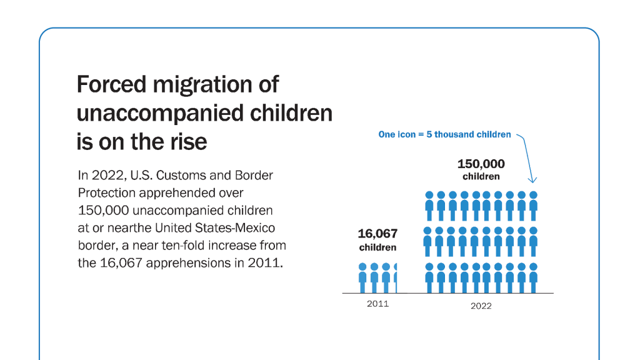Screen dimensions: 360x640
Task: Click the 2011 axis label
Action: pyautogui.click(x=377, y=304)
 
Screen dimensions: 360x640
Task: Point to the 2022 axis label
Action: pyautogui.click(x=481, y=306)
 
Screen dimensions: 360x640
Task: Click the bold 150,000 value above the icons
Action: pyautogui.click(x=481, y=164)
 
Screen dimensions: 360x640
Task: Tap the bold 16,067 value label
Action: pyautogui.click(x=377, y=234)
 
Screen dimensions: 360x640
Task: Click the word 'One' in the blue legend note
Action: pyautogui.click(x=387, y=134)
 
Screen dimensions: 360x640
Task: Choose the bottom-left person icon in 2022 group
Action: pyautogui.click(x=429, y=277)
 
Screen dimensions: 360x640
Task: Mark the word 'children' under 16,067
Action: pyautogui.click(x=377, y=247)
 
